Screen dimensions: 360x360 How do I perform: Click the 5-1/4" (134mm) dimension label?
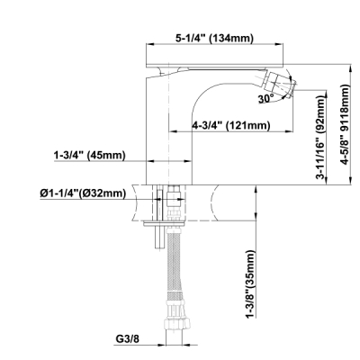[x=214, y=38]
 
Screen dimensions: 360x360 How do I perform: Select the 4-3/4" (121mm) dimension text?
[x=231, y=125]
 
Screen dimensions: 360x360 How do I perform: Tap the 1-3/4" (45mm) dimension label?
[x=89, y=155]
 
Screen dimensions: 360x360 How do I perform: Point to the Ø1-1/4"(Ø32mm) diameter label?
[x=83, y=193]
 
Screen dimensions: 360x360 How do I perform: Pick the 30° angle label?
[x=266, y=98]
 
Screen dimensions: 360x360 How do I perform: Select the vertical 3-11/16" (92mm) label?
[x=321, y=138]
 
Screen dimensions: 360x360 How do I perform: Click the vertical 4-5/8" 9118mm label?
[x=346, y=124]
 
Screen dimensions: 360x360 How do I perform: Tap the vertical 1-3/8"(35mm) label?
[x=250, y=283]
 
